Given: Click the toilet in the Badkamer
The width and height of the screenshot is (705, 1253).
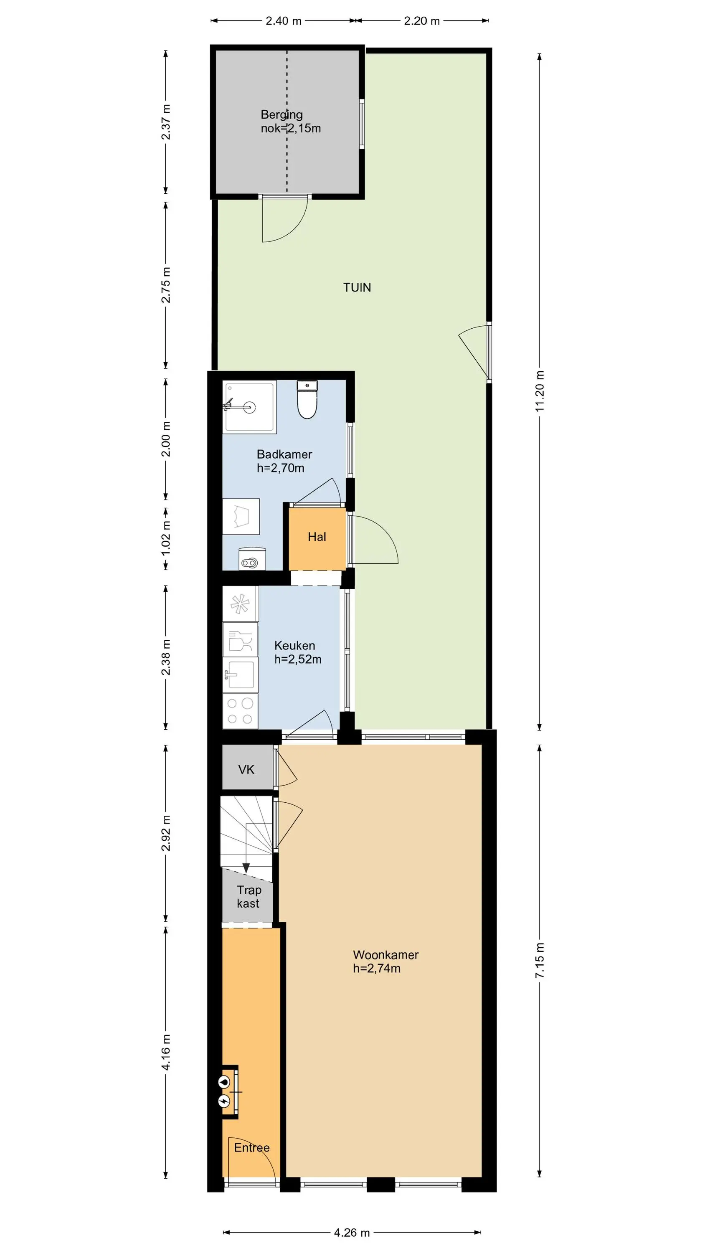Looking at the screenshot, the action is (x=307, y=400).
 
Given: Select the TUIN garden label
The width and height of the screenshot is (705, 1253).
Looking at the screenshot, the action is (x=357, y=287).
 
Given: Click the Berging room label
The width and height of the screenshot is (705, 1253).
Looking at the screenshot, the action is (x=282, y=115).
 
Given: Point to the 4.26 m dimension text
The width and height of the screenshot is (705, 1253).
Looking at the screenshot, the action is (x=352, y=1232).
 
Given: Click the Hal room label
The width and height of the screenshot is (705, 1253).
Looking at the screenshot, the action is (x=317, y=537).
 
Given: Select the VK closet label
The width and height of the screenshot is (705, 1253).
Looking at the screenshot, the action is (x=246, y=769).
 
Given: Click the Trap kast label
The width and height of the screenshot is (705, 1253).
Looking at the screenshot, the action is (x=249, y=896).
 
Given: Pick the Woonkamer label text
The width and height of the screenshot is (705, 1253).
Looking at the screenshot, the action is (x=386, y=955).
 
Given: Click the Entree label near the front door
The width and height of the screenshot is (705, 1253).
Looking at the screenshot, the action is (x=251, y=1147).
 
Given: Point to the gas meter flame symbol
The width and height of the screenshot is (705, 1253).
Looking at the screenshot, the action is (x=224, y=1081).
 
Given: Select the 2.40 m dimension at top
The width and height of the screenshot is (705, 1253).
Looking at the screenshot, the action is (x=284, y=21).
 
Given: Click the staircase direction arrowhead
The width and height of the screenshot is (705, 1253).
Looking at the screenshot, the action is (x=246, y=868).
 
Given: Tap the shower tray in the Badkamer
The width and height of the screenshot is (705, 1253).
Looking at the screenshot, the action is (x=250, y=407).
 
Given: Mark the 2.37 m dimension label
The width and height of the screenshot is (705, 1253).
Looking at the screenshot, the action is (x=166, y=122).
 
